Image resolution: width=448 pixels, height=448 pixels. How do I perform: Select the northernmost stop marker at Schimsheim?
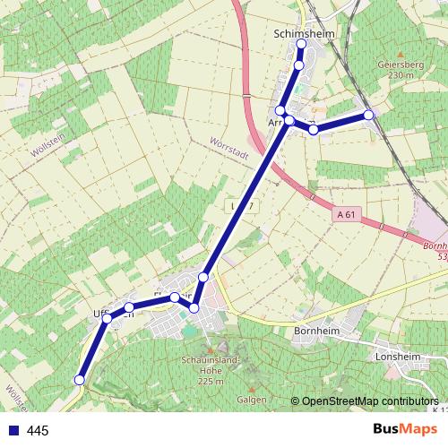[x=301, y=44]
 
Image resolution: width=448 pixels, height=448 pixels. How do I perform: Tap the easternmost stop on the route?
[x=368, y=115]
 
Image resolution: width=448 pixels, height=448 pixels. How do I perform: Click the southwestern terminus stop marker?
[x=79, y=380]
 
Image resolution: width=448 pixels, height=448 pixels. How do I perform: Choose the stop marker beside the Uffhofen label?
[x=108, y=318]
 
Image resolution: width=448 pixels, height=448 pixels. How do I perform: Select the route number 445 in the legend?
[x=38, y=431]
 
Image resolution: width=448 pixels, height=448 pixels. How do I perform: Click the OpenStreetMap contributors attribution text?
[x=369, y=402]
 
